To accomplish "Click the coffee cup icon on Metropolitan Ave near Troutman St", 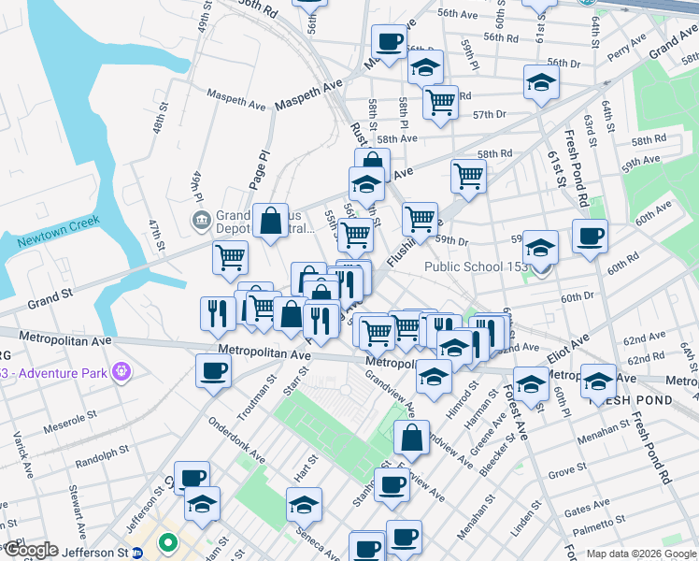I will (x=212, y=370).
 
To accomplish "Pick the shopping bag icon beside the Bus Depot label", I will (x=270, y=222).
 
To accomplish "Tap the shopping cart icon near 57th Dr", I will (x=440, y=101).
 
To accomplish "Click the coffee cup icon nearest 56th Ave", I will (x=389, y=41).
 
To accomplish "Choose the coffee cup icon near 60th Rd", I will (x=589, y=236).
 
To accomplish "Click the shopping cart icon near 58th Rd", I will (x=467, y=174).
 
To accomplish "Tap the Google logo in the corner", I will (x=30, y=550).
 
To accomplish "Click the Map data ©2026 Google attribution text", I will (x=641, y=554).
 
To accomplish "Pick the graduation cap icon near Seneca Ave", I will (x=304, y=504).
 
